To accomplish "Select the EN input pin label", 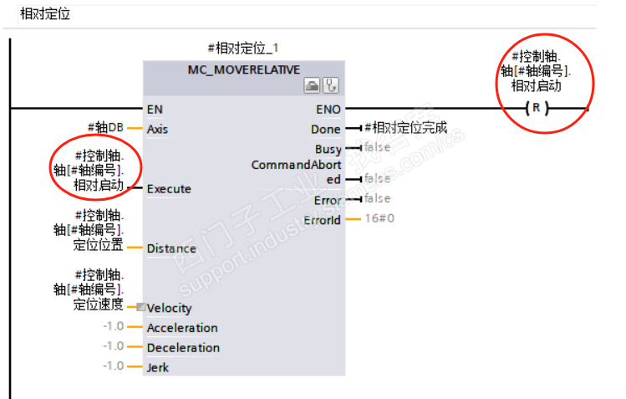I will pyautogui.click(x=155, y=109).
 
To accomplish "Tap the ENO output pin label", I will pyautogui.click(x=328, y=109).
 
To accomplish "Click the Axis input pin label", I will pyautogui.click(x=157, y=130).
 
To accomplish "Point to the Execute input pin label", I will pyautogui.click(x=169, y=189).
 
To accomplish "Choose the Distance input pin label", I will pyautogui.click(x=171, y=248).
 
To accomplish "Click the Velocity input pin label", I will pyautogui.click(x=169, y=308).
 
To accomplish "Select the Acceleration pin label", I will pyautogui.click(x=182, y=328).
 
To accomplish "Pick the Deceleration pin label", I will pyautogui.click(x=183, y=348).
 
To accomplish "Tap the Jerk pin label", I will pyautogui.click(x=158, y=368).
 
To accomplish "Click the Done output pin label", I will pyautogui.click(x=326, y=130).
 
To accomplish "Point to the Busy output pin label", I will pyautogui.click(x=328, y=149).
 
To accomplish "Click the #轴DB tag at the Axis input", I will pyautogui.click(x=105, y=128).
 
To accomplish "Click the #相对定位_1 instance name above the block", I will pyautogui.click(x=242, y=49).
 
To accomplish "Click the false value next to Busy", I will pyautogui.click(x=377, y=148).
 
